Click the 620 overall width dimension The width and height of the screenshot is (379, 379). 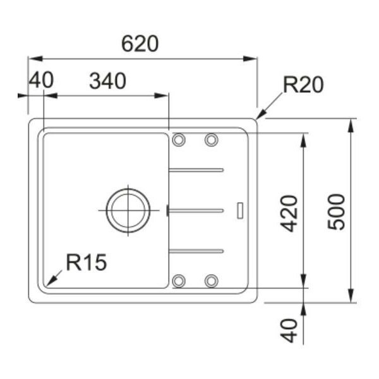click(x=140, y=44)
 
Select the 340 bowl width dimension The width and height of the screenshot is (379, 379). click(x=107, y=81)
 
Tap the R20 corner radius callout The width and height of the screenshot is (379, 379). click(x=303, y=85)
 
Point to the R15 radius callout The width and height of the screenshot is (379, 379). click(x=87, y=262)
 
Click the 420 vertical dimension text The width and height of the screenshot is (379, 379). click(x=289, y=214)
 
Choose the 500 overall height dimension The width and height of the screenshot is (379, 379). click(x=336, y=212)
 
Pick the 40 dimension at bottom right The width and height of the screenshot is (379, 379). click(x=289, y=330)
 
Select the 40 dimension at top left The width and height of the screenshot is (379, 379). click(x=41, y=80)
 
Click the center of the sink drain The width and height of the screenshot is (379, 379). click(x=128, y=210)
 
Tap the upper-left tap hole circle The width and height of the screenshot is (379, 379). click(x=179, y=140)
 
